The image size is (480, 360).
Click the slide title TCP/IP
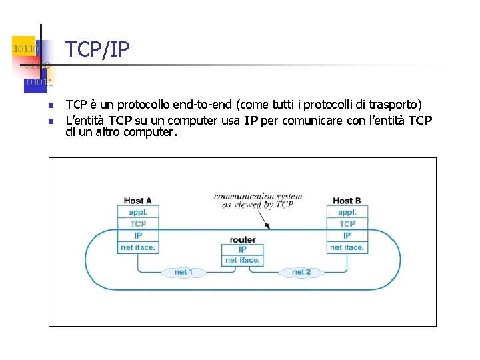pyautogui.click(x=97, y=49)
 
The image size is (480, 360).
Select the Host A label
pyautogui.click(x=137, y=201)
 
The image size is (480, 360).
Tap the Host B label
pyautogui.click(x=347, y=201)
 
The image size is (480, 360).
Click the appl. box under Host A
pyautogui.click(x=138, y=212)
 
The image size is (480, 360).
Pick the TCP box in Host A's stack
pyautogui.click(x=138, y=224)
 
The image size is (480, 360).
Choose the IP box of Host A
pyautogui.click(x=138, y=235)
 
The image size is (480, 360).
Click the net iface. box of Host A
pyautogui.click(x=138, y=247)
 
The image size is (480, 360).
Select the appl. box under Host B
pyautogui.click(x=347, y=212)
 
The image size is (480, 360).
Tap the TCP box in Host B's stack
pyautogui.click(x=347, y=224)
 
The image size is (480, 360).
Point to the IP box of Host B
pyautogui.click(x=347, y=235)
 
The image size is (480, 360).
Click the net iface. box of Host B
pyautogui.click(x=347, y=247)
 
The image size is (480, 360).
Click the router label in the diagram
pyautogui.click(x=243, y=239)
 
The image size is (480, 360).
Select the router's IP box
pyautogui.click(x=243, y=249)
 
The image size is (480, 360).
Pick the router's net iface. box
pyautogui.click(x=243, y=260)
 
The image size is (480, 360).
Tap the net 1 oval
pyautogui.click(x=183, y=272)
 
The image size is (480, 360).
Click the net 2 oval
pyautogui.click(x=301, y=272)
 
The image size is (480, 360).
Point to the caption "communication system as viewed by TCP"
pyautogui.click(x=257, y=201)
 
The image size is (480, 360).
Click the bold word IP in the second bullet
pyautogui.click(x=251, y=121)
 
